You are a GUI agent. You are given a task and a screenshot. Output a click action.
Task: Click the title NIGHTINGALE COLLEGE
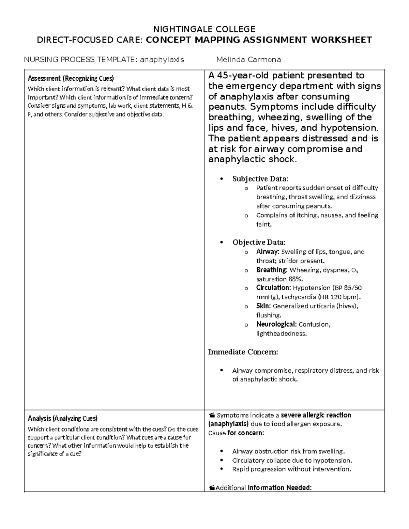point(204,29)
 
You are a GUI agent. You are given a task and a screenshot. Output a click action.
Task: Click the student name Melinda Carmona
point(248,60)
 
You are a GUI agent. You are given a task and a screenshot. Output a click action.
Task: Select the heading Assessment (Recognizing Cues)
point(71,79)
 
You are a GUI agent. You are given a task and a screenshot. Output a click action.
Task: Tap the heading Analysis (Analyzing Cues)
point(62,418)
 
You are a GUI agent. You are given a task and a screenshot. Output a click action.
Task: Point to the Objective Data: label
point(259,243)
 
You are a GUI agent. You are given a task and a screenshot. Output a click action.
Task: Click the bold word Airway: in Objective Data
point(268,252)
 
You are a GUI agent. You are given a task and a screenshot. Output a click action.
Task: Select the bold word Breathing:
point(272,270)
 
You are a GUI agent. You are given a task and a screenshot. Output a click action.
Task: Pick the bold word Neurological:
point(276,324)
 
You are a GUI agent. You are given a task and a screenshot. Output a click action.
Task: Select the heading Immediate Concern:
point(243,352)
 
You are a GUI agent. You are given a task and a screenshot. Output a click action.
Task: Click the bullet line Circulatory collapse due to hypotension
point(292,461)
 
